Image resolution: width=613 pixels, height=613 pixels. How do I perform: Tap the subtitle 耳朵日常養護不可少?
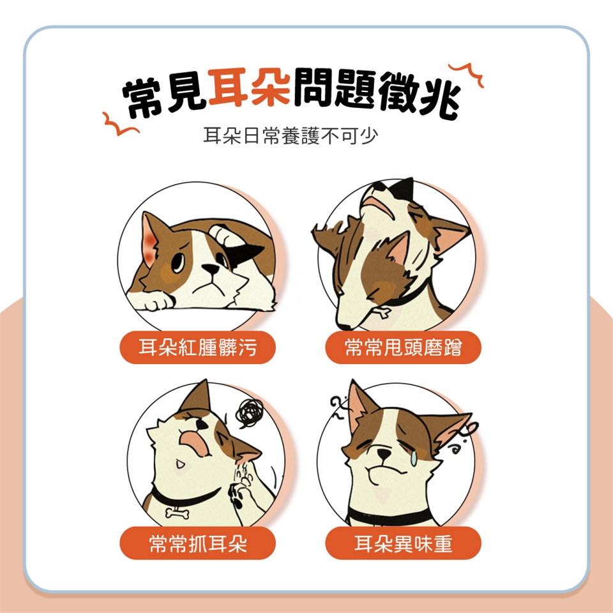[291, 135]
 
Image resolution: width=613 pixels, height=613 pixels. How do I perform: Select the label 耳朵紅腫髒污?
[198, 347]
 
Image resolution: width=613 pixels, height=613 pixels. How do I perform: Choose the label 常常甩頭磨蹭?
[403, 347]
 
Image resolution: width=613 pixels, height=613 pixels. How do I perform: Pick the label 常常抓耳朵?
[198, 543]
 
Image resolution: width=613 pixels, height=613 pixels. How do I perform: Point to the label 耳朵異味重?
[403, 543]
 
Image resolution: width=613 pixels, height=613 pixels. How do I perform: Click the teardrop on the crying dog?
[413, 459]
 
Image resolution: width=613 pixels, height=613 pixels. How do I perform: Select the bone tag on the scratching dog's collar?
[178, 513]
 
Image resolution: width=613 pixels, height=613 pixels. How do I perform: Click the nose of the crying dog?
[384, 454]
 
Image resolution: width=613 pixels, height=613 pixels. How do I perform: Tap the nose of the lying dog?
[211, 269]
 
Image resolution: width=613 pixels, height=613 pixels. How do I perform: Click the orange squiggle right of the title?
[466, 73]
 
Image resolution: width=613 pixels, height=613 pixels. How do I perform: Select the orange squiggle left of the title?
[120, 124]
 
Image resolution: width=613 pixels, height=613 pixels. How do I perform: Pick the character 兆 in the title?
[439, 98]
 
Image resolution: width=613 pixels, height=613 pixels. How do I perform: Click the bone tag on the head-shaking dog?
[381, 312]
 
